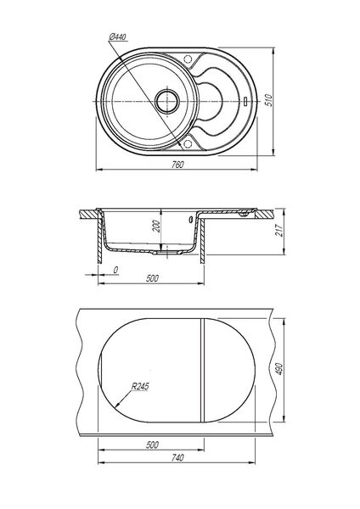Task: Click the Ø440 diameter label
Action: click(118, 37)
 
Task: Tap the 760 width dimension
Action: click(177, 165)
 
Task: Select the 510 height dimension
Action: click(268, 100)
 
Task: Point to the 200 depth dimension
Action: click(156, 226)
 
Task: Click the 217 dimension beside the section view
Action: click(279, 230)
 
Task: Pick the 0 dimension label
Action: click(115, 270)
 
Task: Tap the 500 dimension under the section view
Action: click(152, 278)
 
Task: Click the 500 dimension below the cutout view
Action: click(152, 445)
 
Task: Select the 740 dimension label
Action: click(177, 458)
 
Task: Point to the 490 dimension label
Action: click(279, 369)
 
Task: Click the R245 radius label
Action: click(140, 387)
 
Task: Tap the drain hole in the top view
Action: click(167, 101)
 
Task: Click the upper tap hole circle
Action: click(188, 59)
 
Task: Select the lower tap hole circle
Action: click(188, 144)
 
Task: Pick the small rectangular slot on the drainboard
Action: click(246, 101)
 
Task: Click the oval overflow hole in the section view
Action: click(190, 220)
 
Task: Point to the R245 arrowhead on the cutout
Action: click(118, 405)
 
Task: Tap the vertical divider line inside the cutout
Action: click(202, 370)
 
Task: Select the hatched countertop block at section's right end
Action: click(264, 215)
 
